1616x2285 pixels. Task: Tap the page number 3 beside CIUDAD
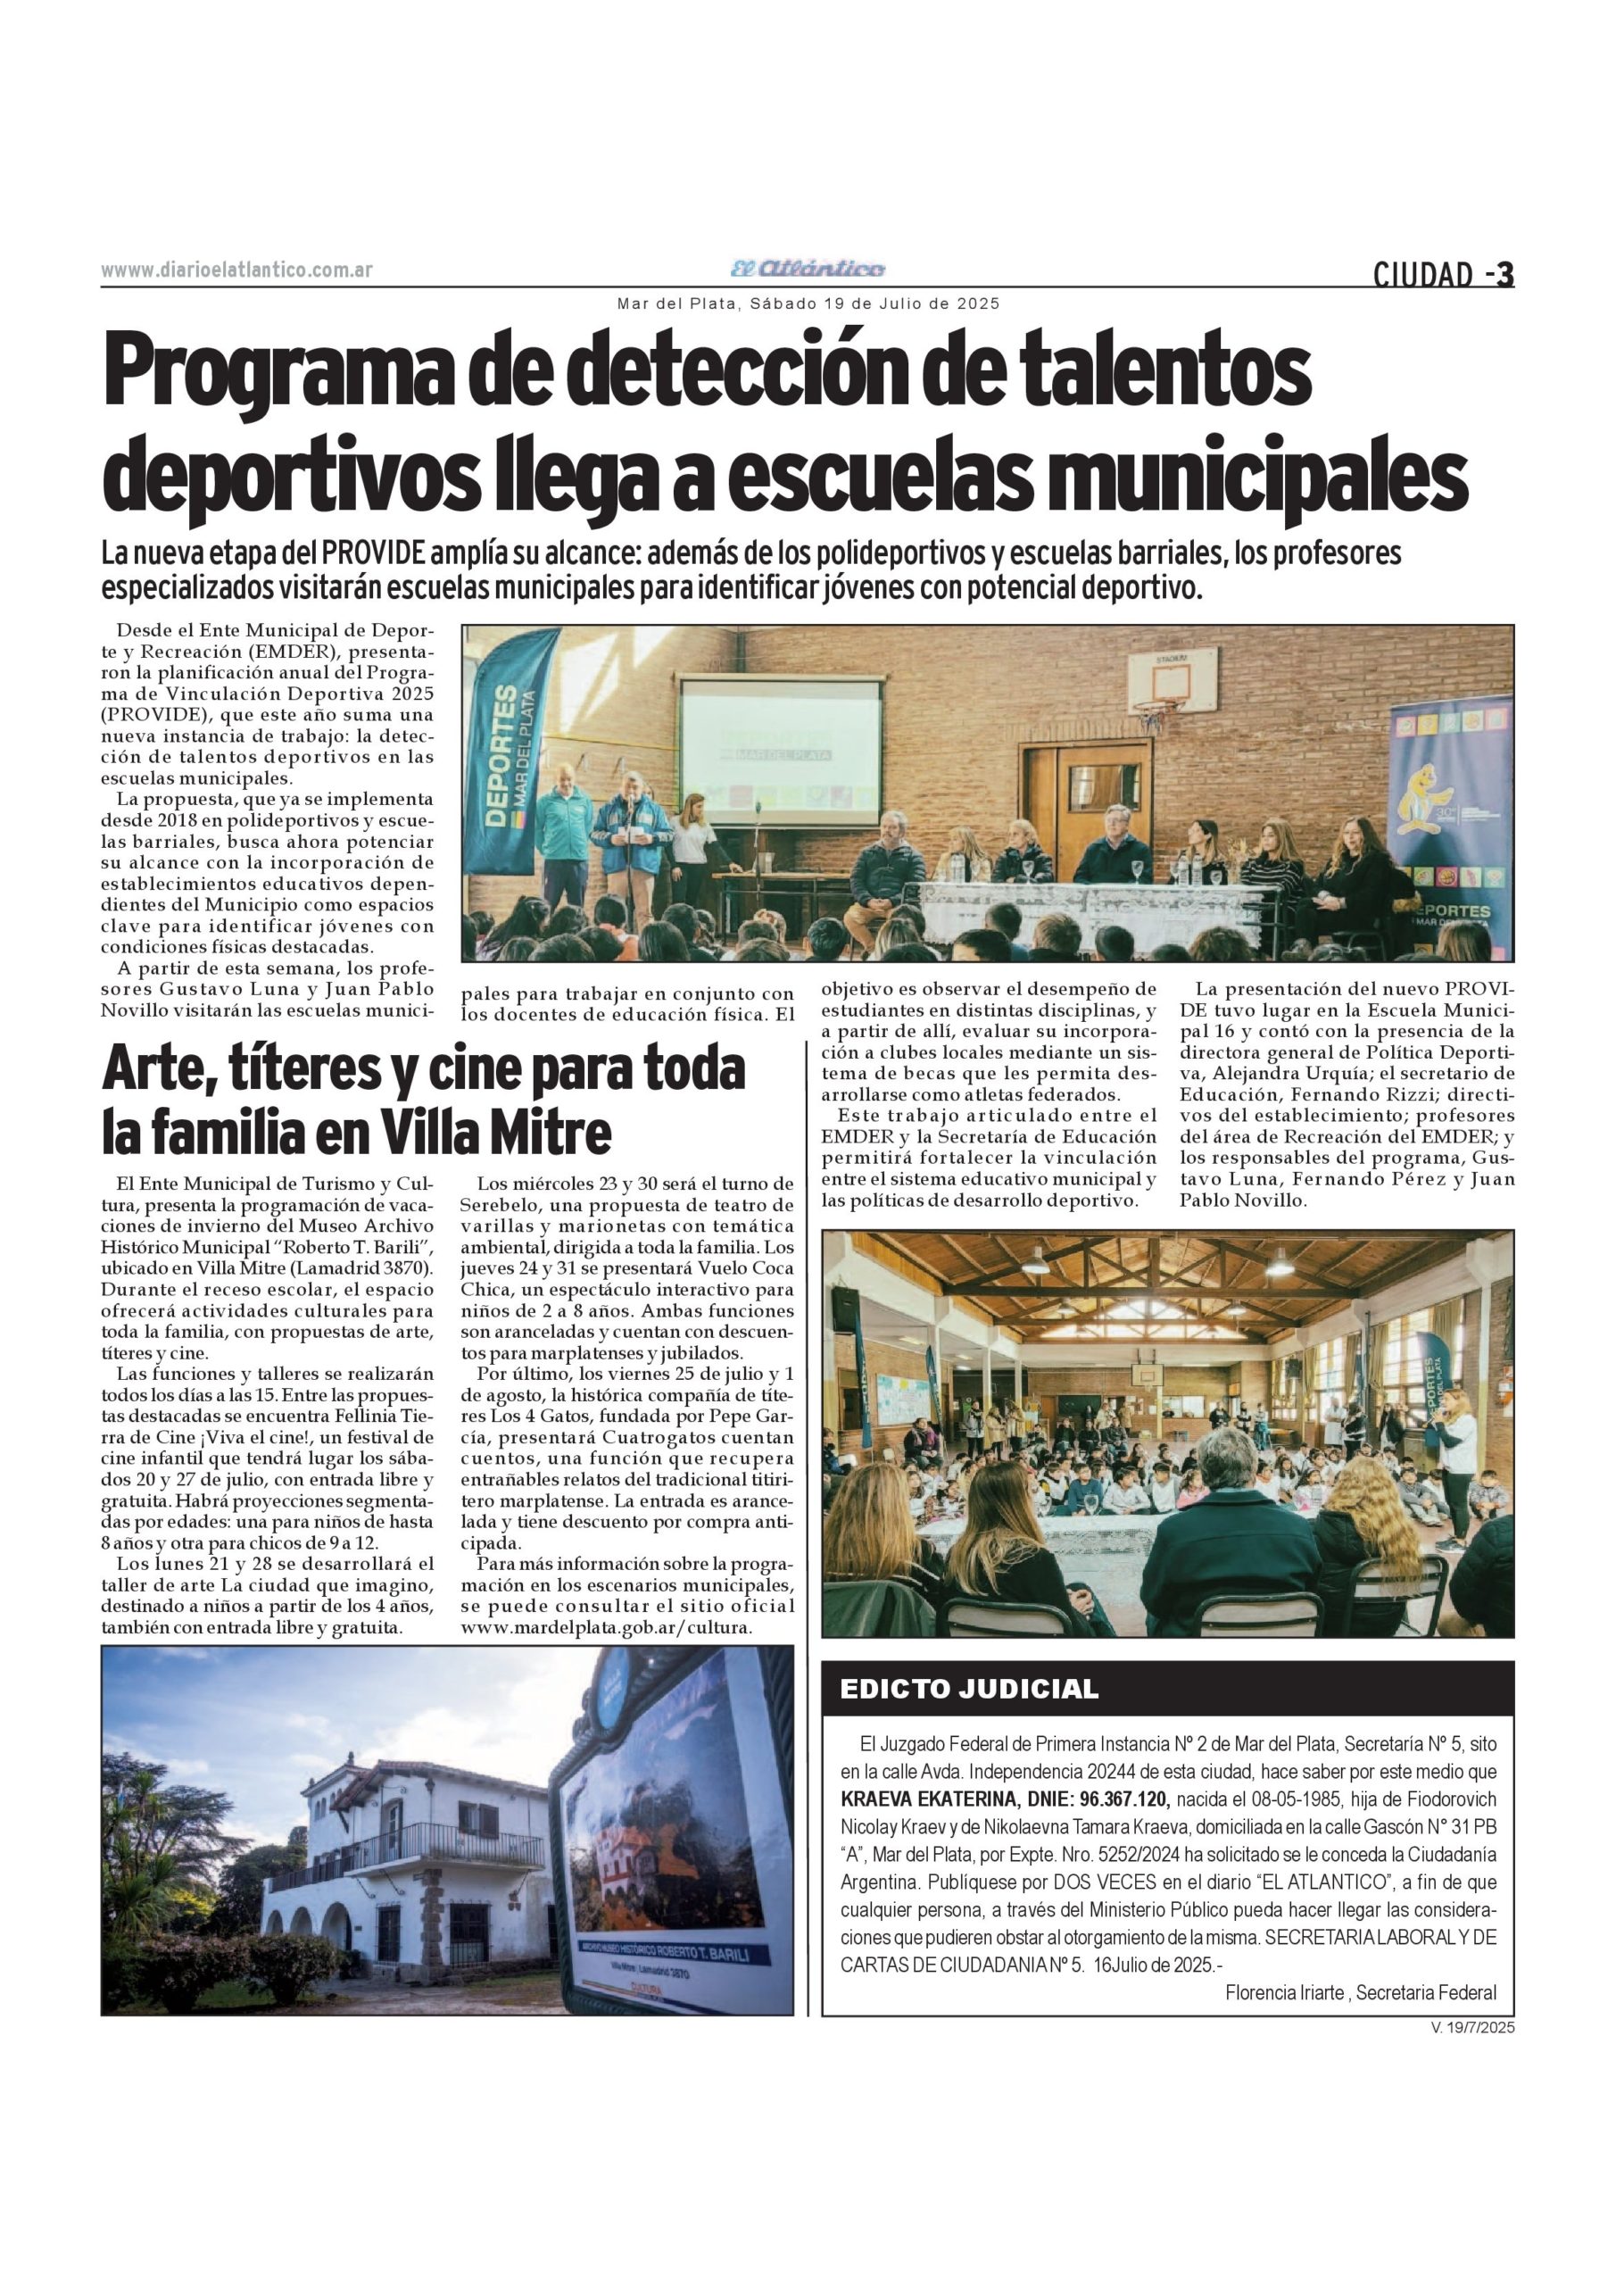coord(1504,274)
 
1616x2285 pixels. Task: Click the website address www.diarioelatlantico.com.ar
coord(236,270)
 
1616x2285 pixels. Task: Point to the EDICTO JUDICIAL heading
coord(968,1689)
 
